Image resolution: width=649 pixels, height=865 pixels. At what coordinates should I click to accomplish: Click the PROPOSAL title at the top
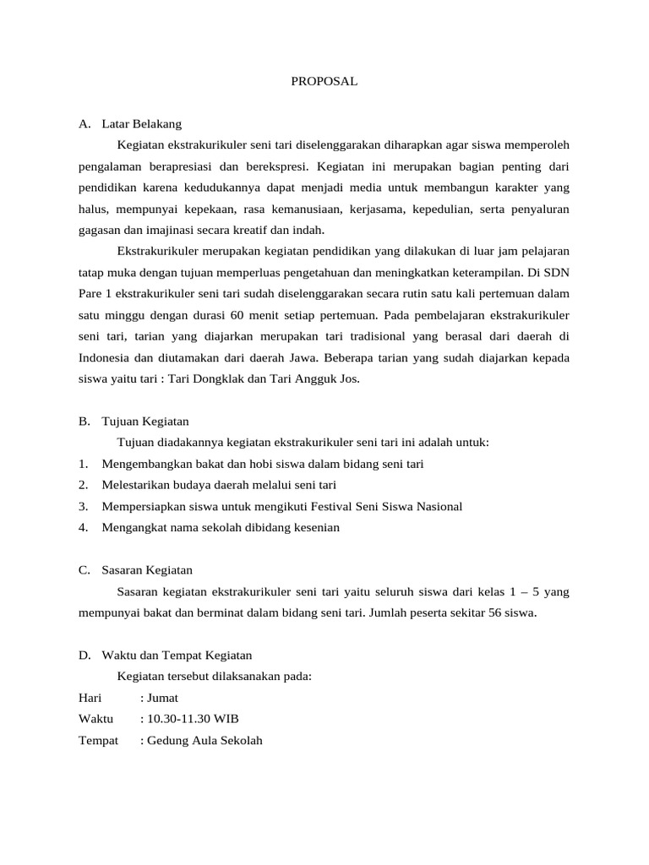click(x=324, y=82)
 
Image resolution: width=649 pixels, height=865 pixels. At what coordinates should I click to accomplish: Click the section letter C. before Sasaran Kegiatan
click(x=85, y=570)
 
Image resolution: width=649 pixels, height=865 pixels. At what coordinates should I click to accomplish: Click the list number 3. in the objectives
click(x=83, y=506)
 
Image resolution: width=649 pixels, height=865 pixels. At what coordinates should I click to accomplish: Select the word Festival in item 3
click(x=346, y=506)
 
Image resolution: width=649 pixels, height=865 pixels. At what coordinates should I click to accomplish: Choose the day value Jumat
click(x=162, y=698)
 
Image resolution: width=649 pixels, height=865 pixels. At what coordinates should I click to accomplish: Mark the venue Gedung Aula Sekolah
click(x=205, y=741)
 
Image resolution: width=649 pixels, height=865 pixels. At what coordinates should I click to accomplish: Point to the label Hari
click(x=90, y=698)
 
